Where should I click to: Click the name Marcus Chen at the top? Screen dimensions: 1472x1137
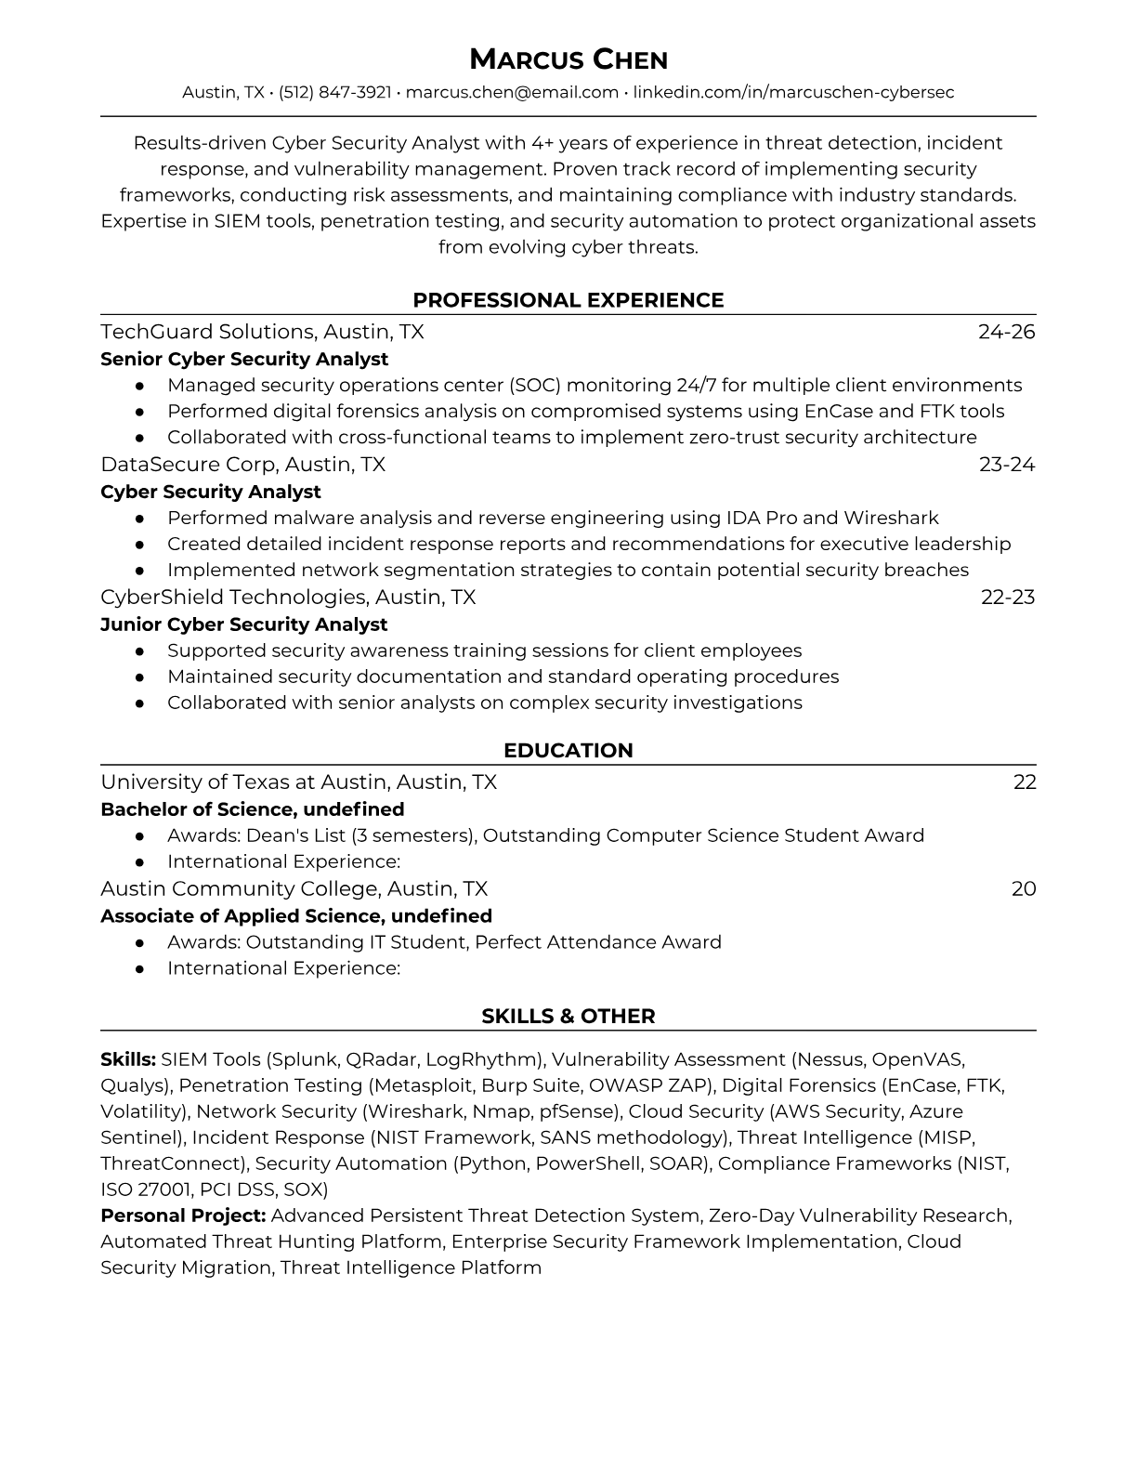pyautogui.click(x=568, y=60)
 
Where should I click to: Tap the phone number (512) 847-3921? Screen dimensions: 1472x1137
pyautogui.click(x=334, y=92)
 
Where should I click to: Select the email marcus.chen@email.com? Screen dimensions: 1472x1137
pyautogui.click(x=512, y=92)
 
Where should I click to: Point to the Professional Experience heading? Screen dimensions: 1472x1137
pyautogui.click(x=568, y=300)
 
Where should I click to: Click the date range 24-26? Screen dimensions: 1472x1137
pyautogui.click(x=1006, y=332)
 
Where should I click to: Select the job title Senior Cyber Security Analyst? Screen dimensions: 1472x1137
pyautogui.click(x=244, y=359)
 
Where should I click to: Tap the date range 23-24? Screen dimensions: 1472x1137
pyautogui.click(x=1006, y=464)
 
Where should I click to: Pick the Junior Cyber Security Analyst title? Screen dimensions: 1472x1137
pyautogui.click(x=243, y=624)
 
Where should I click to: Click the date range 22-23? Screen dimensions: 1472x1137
pyautogui.click(x=1007, y=597)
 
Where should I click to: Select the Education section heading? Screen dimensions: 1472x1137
pyautogui.click(x=568, y=751)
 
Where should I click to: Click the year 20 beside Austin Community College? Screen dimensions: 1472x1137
pyautogui.click(x=1023, y=888)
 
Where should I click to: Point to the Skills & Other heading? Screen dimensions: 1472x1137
pyautogui.click(x=568, y=1017)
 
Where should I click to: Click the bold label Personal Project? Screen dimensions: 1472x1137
pyautogui.click(x=183, y=1216)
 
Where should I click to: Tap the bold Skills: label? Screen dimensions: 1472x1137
pyautogui.click(x=128, y=1059)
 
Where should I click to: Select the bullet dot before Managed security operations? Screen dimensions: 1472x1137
pyautogui.click(x=139, y=385)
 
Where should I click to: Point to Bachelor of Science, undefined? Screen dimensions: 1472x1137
pyautogui.click(x=252, y=809)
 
